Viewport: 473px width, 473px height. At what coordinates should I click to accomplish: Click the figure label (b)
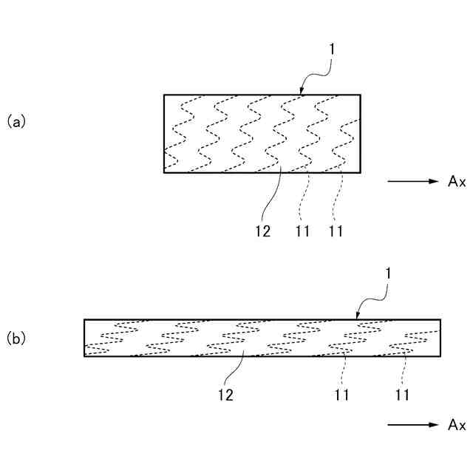16,339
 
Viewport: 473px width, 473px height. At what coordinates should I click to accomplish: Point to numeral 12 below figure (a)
262,231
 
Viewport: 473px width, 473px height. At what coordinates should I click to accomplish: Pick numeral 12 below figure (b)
225,395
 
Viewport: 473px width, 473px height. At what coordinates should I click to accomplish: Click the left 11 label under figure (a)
302,231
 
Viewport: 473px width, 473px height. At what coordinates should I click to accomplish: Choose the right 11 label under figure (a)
336,231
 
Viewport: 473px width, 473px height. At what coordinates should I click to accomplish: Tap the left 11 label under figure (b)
340,395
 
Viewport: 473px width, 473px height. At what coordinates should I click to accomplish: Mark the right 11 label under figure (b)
402,395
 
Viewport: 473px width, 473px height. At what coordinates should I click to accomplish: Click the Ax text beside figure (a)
456,181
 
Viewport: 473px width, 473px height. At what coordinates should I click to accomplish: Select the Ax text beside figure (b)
456,425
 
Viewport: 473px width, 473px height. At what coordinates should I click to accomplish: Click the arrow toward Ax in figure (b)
412,425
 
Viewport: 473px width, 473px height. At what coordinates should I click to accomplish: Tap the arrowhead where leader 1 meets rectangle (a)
302,92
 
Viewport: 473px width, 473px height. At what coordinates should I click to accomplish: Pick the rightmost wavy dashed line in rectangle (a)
344,133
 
